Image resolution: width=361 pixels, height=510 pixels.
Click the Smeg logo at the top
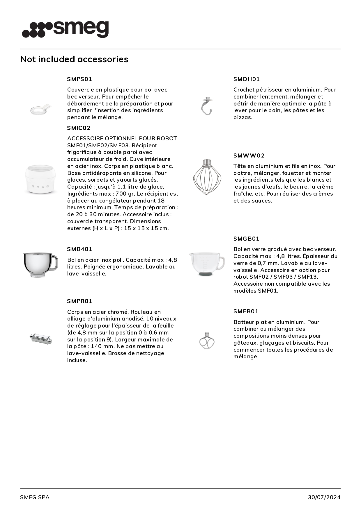(x=65, y=29)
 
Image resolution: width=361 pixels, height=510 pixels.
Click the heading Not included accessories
(x=74, y=59)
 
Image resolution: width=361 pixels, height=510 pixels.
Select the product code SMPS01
(x=79, y=79)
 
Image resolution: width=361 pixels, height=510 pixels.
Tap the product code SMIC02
(x=79, y=128)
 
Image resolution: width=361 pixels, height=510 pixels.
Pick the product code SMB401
(x=79, y=249)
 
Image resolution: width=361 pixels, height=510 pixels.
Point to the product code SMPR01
(x=79, y=301)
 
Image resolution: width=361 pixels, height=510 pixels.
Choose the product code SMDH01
(x=246, y=79)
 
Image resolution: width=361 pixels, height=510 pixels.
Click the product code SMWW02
(x=249, y=155)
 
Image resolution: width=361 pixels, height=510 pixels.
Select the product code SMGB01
(x=246, y=239)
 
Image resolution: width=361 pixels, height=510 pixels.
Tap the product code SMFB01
(x=246, y=311)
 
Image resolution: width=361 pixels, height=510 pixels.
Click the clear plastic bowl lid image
(x=40, y=109)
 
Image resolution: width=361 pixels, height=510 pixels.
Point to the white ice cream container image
(x=40, y=179)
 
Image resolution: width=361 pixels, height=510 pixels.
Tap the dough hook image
(x=207, y=106)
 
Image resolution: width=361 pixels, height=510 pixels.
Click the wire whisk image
(x=207, y=176)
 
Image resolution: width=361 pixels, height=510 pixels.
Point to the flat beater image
(x=207, y=341)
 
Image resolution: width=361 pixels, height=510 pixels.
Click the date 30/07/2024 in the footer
(x=324, y=497)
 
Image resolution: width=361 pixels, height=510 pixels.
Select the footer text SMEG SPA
(x=35, y=497)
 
